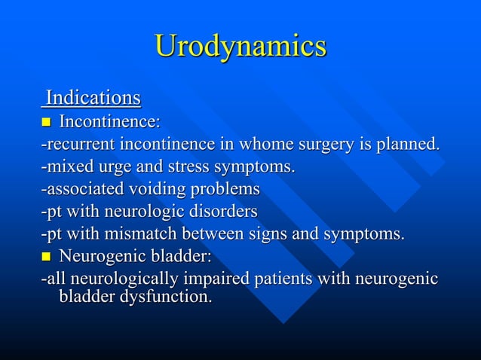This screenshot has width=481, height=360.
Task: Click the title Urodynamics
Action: [240, 46]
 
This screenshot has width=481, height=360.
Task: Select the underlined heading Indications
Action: [93, 98]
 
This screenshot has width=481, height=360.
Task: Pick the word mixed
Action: [66, 166]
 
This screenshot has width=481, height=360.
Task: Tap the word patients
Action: [283, 279]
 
